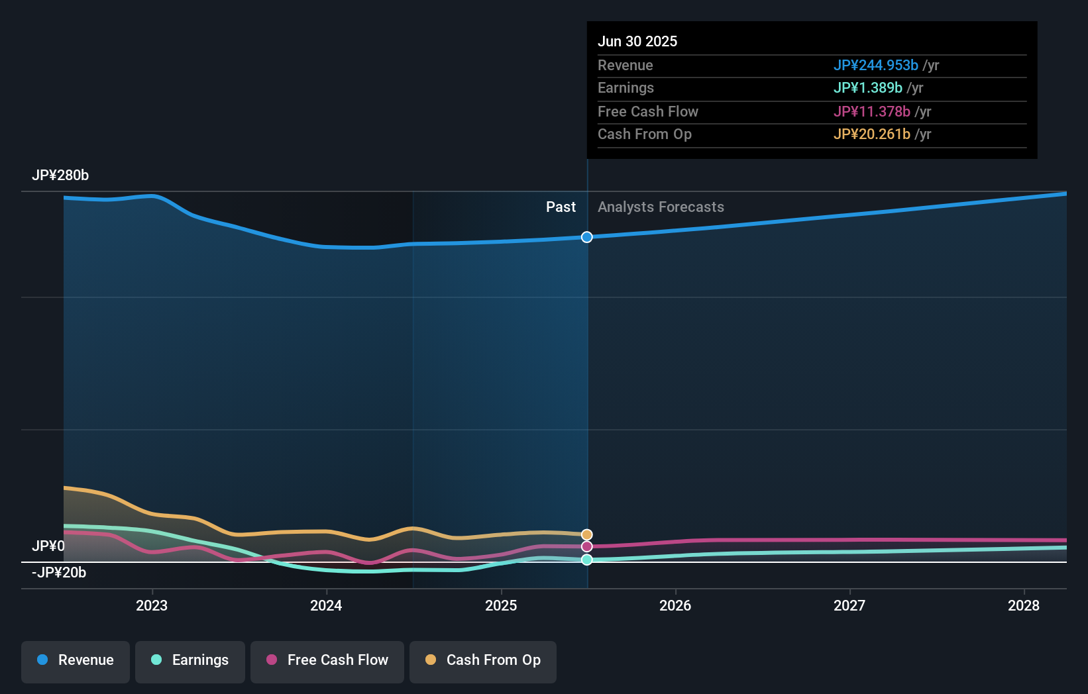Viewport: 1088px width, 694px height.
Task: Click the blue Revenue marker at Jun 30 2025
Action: [587, 237]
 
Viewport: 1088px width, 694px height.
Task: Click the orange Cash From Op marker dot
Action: [587, 534]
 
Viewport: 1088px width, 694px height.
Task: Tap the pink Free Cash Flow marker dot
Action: [587, 546]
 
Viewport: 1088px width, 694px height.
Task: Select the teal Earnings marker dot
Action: [587, 560]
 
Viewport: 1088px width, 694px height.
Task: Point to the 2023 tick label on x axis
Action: [152, 605]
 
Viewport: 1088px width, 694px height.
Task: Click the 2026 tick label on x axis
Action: [675, 605]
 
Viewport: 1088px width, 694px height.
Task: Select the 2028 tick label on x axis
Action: [1024, 605]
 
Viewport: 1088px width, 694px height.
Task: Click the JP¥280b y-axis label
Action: [60, 175]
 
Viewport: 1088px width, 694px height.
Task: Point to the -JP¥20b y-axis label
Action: [59, 573]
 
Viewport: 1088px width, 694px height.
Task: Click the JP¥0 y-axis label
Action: [48, 546]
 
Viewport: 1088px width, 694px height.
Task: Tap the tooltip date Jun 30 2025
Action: [637, 41]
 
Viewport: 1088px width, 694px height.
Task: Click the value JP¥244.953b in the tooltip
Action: [875, 65]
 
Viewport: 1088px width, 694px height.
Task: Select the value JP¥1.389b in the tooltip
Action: [867, 88]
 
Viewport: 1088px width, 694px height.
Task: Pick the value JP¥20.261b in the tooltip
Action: [871, 134]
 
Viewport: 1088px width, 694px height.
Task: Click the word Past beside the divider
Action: [561, 207]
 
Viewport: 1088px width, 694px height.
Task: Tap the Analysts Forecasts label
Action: [661, 207]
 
